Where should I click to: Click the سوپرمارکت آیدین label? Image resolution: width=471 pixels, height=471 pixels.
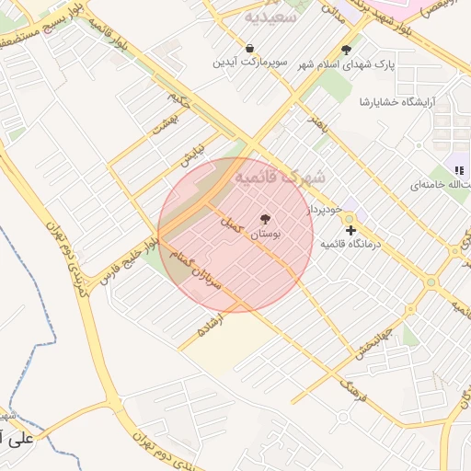[x=251, y=63]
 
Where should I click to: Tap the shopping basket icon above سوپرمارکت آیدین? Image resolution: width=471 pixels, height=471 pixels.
[x=250, y=48]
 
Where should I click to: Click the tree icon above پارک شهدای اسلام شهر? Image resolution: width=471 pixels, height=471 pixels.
[x=346, y=51]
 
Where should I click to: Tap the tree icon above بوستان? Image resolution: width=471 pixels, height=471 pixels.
[x=266, y=219]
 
